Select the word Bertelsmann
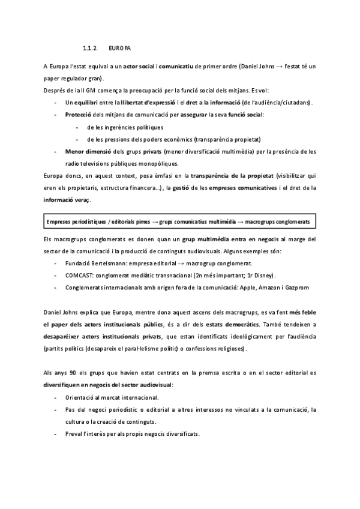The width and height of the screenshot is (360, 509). click(x=114, y=264)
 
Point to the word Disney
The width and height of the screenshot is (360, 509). click(x=262, y=276)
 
